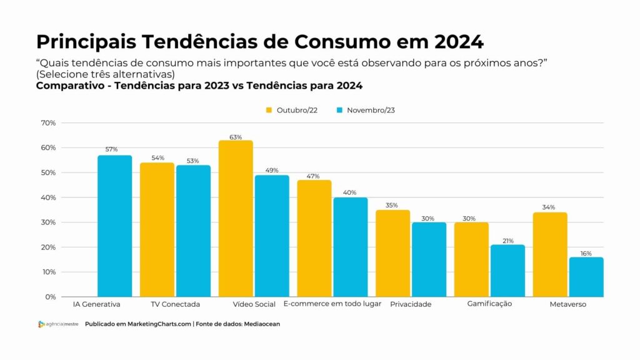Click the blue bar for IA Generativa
tap(114, 226)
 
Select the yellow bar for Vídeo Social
tap(236, 219)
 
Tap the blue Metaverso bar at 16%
tap(586, 277)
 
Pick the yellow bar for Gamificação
tap(471, 259)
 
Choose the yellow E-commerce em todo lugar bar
tap(314, 238)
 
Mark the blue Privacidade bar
tap(429, 259)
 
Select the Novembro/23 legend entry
tap(366, 110)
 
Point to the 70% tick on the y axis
tap(48, 123)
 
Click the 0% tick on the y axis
tap(50, 297)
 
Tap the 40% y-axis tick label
tap(48, 197)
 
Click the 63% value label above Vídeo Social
tap(236, 137)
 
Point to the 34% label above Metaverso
tap(549, 207)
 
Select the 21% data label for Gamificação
tap(507, 240)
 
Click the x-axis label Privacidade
tap(411, 304)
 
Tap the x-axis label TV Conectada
tap(176, 304)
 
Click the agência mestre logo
tap(58, 324)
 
